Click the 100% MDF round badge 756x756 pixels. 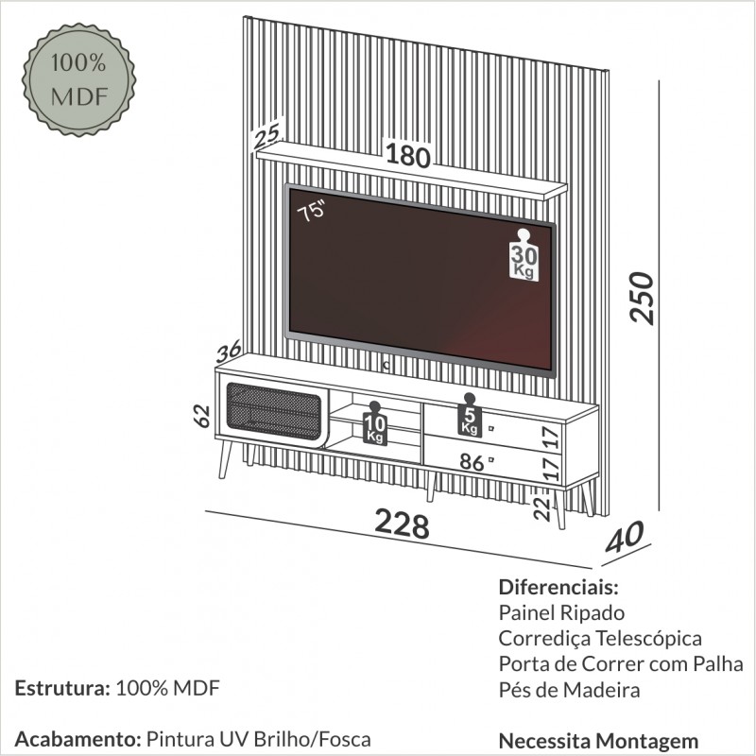pyautogui.click(x=79, y=80)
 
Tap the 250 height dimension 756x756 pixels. pyautogui.click(x=642, y=298)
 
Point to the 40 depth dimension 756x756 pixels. pyautogui.click(x=625, y=537)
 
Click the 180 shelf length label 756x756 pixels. pyautogui.click(x=408, y=156)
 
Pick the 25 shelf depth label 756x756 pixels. pyautogui.click(x=266, y=136)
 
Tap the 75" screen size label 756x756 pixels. pyautogui.click(x=312, y=211)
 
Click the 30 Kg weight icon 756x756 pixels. pyautogui.click(x=524, y=255)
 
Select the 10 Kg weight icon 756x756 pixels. pyautogui.click(x=374, y=423)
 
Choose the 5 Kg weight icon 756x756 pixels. pyautogui.click(x=470, y=415)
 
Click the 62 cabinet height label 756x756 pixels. pyautogui.click(x=202, y=417)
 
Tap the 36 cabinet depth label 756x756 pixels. pyautogui.click(x=229, y=351)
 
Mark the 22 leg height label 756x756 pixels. pyautogui.click(x=541, y=508)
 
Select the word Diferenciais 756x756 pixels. pyautogui.click(x=558, y=587)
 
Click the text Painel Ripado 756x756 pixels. pyautogui.click(x=561, y=613)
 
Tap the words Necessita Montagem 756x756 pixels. pyautogui.click(x=598, y=741)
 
